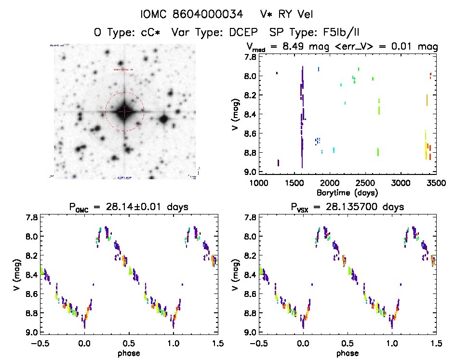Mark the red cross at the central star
124,112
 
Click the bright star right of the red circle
164,119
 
